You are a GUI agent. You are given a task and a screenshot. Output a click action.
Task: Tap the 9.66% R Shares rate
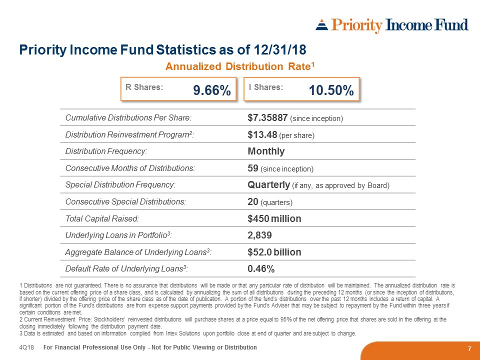point(211,90)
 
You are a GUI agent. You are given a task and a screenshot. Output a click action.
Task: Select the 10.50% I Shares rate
point(331,90)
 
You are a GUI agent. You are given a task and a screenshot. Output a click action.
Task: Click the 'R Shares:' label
point(144,87)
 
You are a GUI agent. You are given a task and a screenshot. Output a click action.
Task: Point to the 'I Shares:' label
point(265,87)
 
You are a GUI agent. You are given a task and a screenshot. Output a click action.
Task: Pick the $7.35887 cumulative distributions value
point(267,118)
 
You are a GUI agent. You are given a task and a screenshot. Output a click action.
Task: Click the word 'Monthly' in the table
point(266,151)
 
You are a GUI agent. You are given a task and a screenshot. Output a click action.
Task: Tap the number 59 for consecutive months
point(252,168)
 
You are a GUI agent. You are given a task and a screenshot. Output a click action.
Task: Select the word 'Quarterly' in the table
point(268,185)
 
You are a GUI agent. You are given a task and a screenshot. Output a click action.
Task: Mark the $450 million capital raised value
point(274,219)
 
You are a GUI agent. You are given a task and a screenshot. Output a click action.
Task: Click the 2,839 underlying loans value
point(259,235)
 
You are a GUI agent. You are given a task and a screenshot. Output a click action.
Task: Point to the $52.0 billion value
point(274,252)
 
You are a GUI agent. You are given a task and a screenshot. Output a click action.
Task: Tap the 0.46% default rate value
point(261,269)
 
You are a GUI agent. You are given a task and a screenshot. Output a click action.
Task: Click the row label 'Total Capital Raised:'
point(102,219)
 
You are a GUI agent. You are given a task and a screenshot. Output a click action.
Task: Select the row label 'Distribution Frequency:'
point(106,151)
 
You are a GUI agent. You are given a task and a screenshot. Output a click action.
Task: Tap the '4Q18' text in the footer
point(26,347)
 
